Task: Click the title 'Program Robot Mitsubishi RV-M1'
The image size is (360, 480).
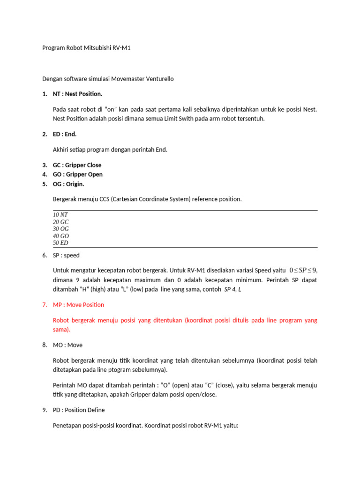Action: click(x=86, y=48)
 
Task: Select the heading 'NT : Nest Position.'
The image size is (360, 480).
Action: click(x=77, y=94)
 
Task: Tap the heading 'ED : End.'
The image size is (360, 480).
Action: click(x=65, y=134)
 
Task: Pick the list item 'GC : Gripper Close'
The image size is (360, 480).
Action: click(x=77, y=165)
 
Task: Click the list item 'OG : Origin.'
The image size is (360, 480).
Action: click(x=68, y=184)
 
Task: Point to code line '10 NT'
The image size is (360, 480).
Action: click(x=60, y=214)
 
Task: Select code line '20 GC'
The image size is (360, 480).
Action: click(x=61, y=221)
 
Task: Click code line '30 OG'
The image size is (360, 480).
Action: click(x=61, y=228)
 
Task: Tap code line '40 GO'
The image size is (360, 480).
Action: click(x=61, y=236)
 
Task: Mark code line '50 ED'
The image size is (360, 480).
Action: click(x=60, y=243)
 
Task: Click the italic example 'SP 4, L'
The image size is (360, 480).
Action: click(x=233, y=290)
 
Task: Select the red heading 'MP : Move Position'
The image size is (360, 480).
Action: click(x=78, y=305)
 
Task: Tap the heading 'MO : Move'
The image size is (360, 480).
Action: click(x=67, y=345)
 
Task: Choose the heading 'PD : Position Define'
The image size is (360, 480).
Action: click(x=79, y=410)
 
